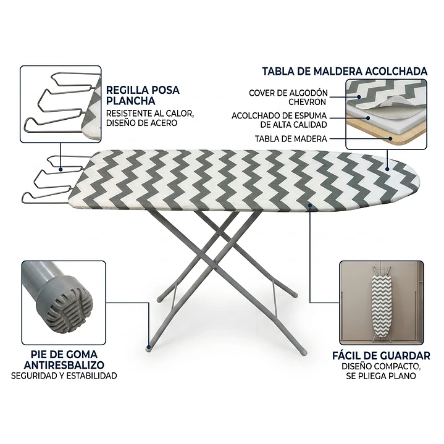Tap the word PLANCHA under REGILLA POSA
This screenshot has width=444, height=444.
pyautogui.click(x=130, y=101)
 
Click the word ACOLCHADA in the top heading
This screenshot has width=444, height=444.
pyautogui.click(x=396, y=72)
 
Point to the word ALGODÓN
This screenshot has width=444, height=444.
pyautogui.click(x=308, y=93)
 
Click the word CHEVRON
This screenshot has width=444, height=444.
pyautogui.click(x=308, y=102)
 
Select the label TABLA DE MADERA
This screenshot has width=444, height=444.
pyautogui.click(x=291, y=139)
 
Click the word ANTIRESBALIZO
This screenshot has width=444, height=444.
pyautogui.click(x=64, y=365)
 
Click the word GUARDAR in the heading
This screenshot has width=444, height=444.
pyautogui.click(x=405, y=356)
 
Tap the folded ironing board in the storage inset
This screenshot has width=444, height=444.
pyautogui.click(x=382, y=304)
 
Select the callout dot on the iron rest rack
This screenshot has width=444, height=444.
pyautogui.click(x=61, y=169)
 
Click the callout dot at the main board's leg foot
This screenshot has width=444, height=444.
pyautogui.click(x=149, y=346)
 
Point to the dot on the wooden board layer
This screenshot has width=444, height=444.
pyautogui.click(x=390, y=139)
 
